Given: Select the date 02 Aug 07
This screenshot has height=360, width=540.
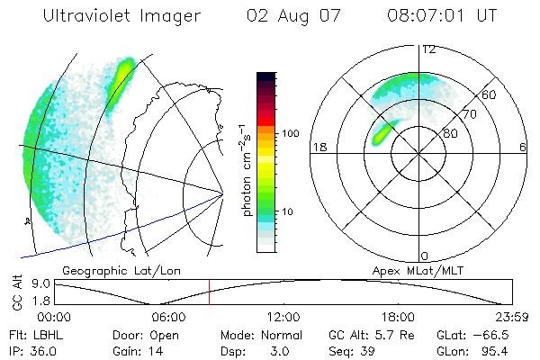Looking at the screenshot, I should pos(288,16).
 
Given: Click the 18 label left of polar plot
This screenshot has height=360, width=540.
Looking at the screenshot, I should pos(318,147).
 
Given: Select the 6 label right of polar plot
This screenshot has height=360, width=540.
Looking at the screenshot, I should pos(523,147).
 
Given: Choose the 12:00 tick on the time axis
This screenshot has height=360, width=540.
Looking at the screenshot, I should pos(283,316).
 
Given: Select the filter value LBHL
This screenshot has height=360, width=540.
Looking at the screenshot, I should pos(42,333).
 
